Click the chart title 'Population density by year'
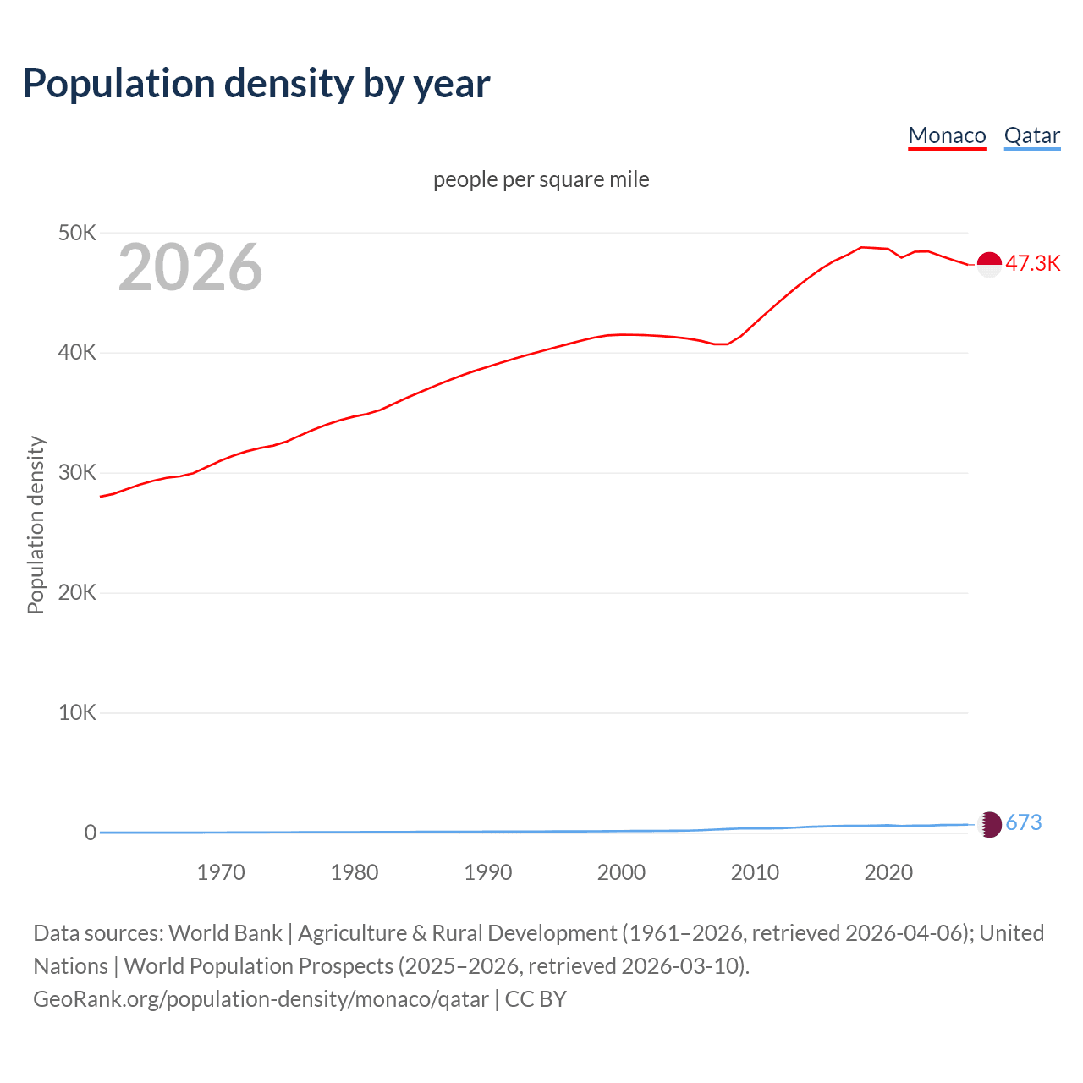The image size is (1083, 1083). [x=256, y=83]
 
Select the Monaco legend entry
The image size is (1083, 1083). [x=947, y=135]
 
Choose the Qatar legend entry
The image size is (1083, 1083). [x=1031, y=135]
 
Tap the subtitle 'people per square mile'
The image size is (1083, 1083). [x=541, y=179]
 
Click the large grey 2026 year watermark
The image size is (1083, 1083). [x=190, y=267]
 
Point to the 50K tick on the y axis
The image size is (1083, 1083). [x=77, y=233]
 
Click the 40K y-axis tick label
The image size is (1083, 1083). [x=77, y=353]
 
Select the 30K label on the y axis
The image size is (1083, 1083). [x=77, y=473]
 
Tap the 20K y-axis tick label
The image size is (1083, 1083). [x=77, y=593]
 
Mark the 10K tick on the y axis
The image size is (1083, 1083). [x=77, y=713]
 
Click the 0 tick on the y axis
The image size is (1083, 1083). [x=90, y=833]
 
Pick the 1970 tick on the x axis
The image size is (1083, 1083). [x=221, y=872]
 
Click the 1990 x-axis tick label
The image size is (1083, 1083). [x=488, y=872]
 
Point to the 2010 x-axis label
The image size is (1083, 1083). [x=755, y=872]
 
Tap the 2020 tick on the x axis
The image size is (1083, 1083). [x=888, y=872]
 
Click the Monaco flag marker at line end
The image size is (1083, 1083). [x=989, y=264]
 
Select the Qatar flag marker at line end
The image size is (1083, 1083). [x=989, y=824]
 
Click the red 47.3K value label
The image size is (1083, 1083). [x=1032, y=263]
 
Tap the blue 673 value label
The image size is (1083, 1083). [x=1024, y=823]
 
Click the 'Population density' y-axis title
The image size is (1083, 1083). [x=36, y=525]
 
